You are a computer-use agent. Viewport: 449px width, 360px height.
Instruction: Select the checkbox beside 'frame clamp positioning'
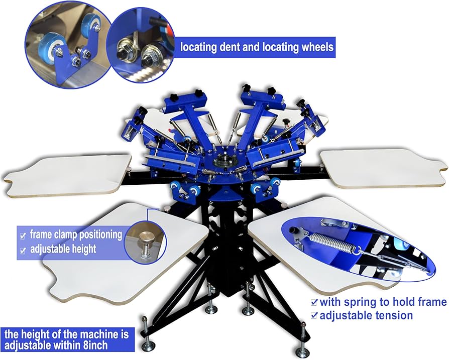point(23,236)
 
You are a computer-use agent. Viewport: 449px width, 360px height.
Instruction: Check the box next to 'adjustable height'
point(23,251)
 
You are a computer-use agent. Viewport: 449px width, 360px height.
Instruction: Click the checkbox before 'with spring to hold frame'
point(314,302)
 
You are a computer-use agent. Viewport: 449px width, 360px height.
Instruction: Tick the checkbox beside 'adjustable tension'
point(314,316)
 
